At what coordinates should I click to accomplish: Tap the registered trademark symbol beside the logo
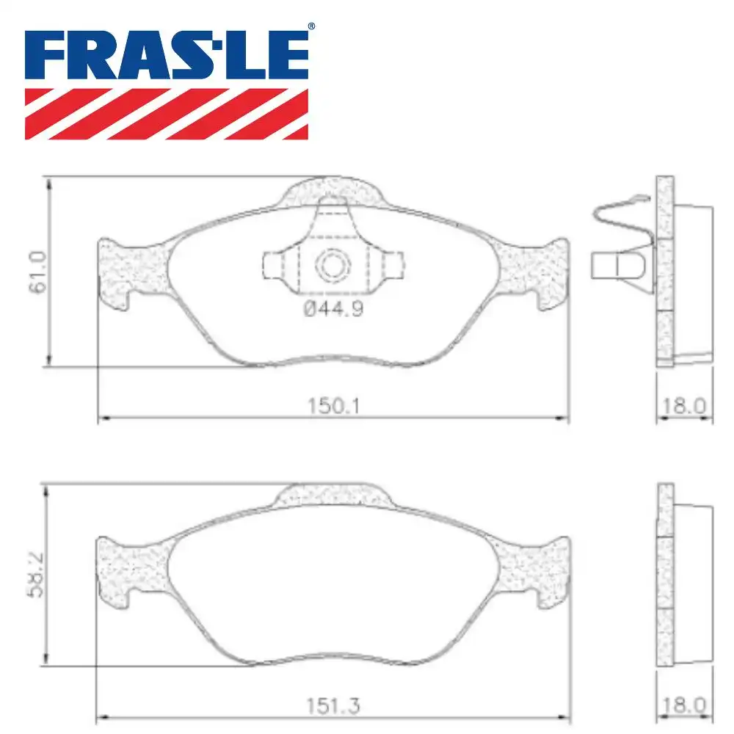(x=311, y=27)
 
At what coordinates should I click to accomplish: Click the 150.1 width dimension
(x=332, y=405)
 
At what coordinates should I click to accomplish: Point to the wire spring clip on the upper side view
(x=620, y=217)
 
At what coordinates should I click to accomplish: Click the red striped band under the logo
(x=167, y=114)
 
